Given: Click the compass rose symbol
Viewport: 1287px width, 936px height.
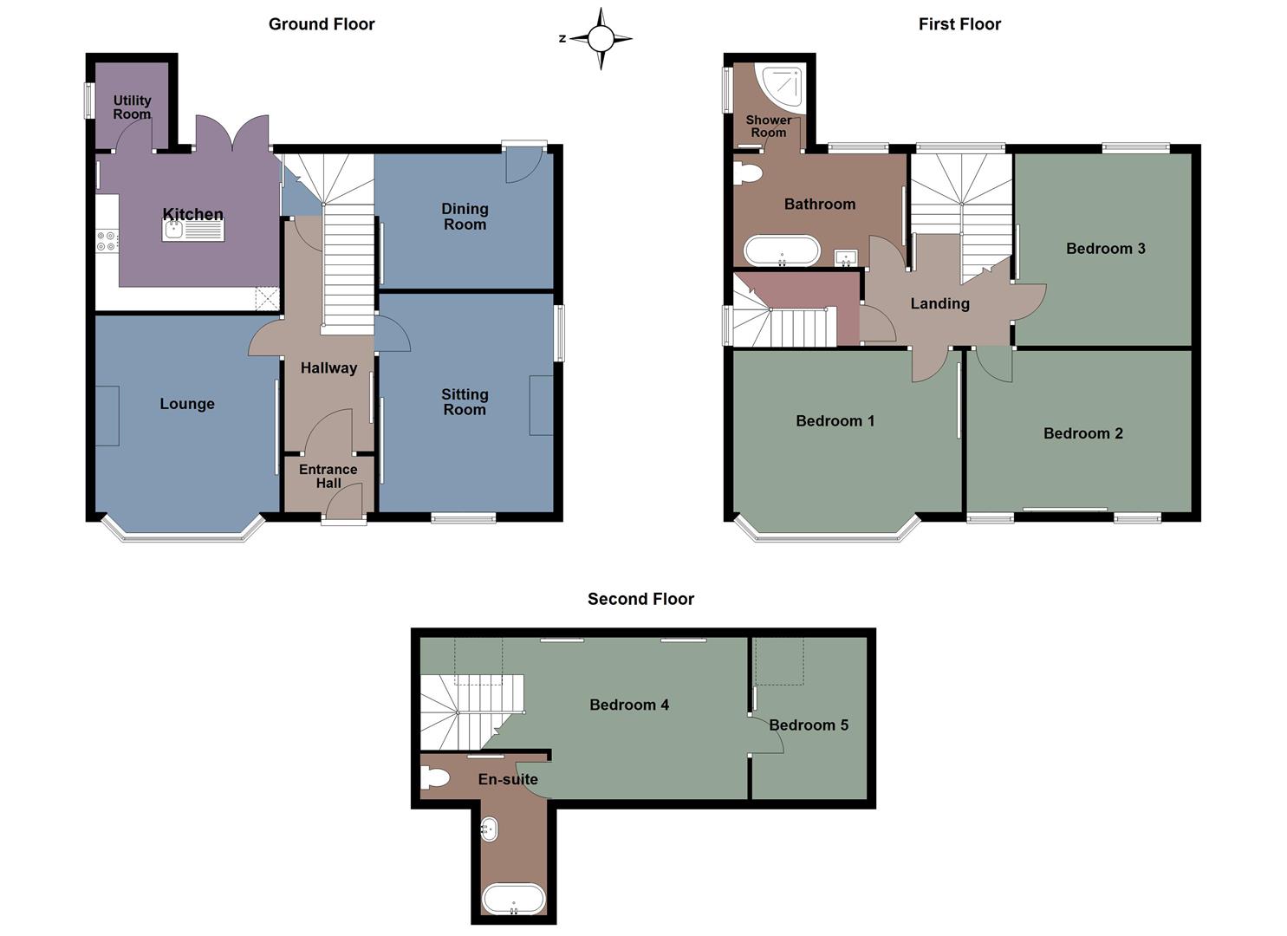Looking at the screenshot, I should coord(601,38).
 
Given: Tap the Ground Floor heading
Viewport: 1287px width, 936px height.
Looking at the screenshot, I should coord(322,24).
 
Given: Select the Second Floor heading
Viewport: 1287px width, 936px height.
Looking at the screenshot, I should coord(640,599).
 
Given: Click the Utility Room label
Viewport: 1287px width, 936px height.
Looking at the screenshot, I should coord(132,107).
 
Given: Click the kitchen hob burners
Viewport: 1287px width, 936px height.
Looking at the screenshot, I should coord(107,241).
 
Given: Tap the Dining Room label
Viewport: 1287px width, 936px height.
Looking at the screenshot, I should coord(465,217).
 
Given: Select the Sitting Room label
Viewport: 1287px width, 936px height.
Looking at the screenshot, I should coord(465,402).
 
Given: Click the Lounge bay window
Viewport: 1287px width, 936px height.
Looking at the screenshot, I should coord(182,536).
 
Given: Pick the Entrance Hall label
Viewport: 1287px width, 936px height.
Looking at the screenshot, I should coord(328,476).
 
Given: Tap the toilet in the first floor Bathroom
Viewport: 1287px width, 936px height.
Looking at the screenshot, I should coord(746,172).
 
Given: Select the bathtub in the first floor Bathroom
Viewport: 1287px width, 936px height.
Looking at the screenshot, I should coord(782,251).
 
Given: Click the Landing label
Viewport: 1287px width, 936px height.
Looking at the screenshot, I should coord(939,303).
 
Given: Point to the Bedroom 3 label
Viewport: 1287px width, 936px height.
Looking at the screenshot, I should coord(1105,249).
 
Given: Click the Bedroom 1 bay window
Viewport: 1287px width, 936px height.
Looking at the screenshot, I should coord(827,536).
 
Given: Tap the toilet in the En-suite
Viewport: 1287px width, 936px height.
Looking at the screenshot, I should coord(434,778).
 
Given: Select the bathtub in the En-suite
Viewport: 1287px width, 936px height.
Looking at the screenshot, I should coord(513,899).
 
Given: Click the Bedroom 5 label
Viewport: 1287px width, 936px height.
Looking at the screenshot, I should coord(808,725).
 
